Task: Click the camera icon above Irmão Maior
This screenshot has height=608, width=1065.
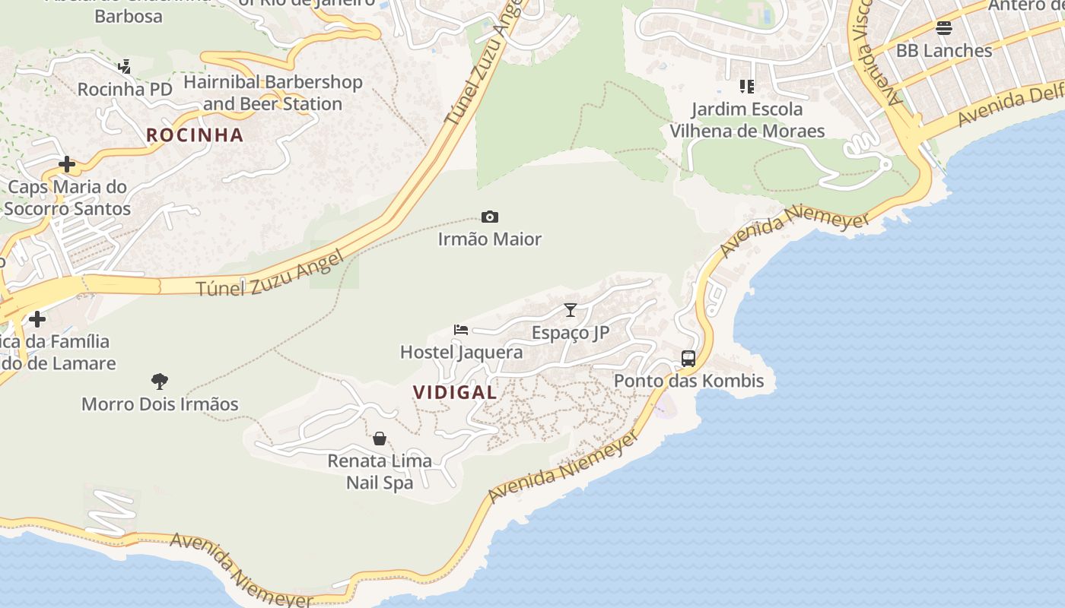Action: coord(490,217)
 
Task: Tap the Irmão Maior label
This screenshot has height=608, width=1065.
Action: coord(490,239)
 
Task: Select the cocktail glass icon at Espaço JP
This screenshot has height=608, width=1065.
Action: coord(571,310)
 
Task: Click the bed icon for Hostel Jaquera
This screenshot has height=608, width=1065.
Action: coord(461,330)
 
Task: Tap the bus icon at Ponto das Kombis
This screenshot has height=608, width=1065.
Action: coord(688,359)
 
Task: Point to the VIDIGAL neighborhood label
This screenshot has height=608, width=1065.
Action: coord(455,392)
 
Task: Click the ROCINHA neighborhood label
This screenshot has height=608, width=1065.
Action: coord(195,135)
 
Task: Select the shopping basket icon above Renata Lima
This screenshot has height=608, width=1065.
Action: coord(380,439)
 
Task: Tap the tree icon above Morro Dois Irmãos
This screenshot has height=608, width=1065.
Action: coord(160,382)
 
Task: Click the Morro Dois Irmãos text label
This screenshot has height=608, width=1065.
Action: coord(160,404)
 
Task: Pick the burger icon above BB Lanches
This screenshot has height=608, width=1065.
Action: coord(944,29)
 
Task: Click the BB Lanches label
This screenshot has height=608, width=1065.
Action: coord(944,51)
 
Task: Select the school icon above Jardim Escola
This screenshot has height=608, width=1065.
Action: coord(747,87)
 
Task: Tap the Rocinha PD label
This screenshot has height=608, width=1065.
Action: coord(125,89)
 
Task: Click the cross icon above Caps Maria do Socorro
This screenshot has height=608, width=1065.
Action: coord(67,164)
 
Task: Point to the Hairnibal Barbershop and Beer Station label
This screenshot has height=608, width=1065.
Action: coord(272,93)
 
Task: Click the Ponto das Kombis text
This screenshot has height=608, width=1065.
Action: coord(688,381)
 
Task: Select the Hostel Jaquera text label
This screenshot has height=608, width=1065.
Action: coord(461,352)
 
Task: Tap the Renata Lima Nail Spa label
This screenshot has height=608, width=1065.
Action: coord(380,471)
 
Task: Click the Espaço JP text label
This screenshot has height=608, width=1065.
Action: coord(571,332)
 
